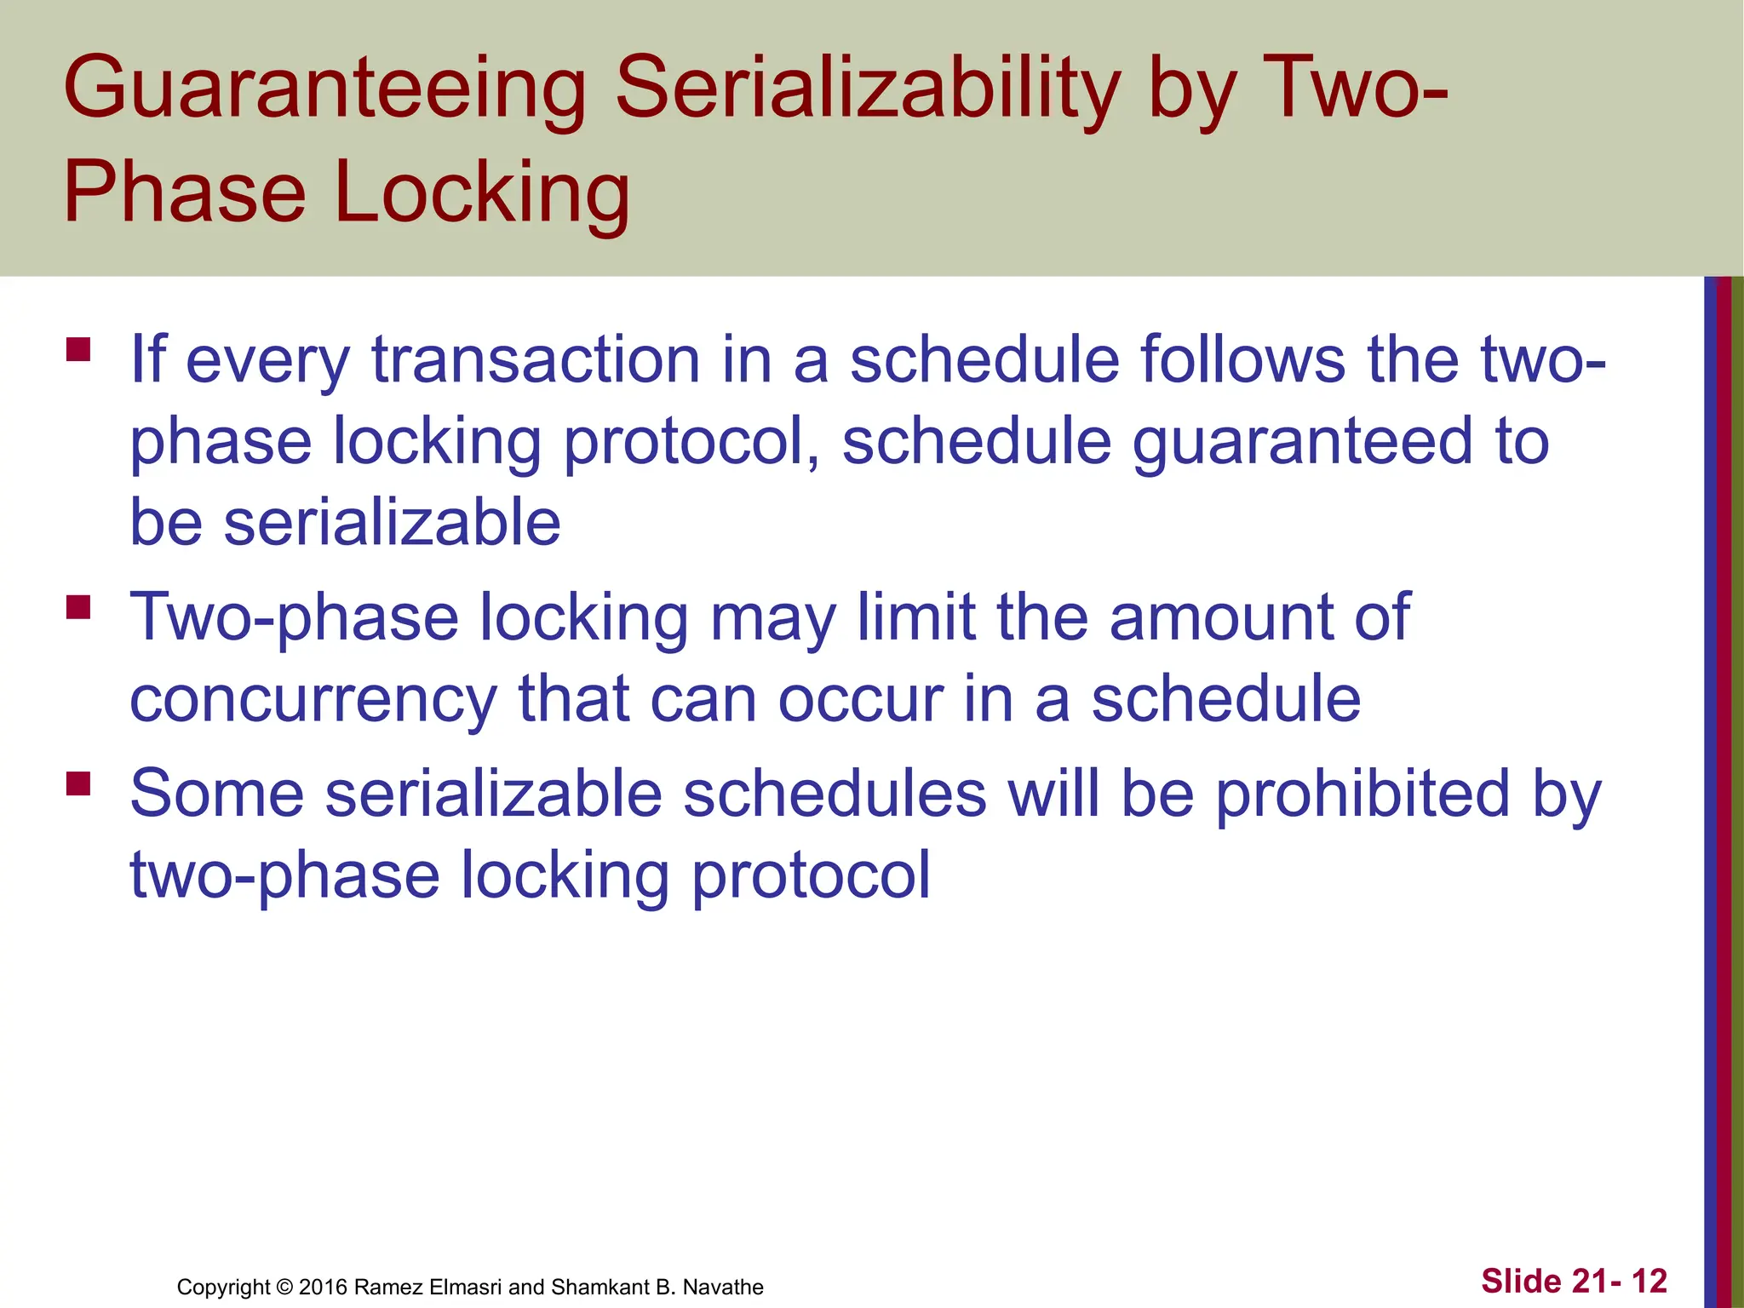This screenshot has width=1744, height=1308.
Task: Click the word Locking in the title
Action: [482, 194]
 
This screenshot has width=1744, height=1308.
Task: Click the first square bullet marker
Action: [78, 350]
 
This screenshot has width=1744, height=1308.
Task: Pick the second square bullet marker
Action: [78, 607]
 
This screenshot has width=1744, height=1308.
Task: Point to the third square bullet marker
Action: [78, 783]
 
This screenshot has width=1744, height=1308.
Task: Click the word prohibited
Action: [1362, 794]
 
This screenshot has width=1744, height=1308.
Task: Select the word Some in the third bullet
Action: [217, 794]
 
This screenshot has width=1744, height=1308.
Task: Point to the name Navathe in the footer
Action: [723, 1287]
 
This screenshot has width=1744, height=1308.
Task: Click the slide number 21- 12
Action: [1619, 1281]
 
